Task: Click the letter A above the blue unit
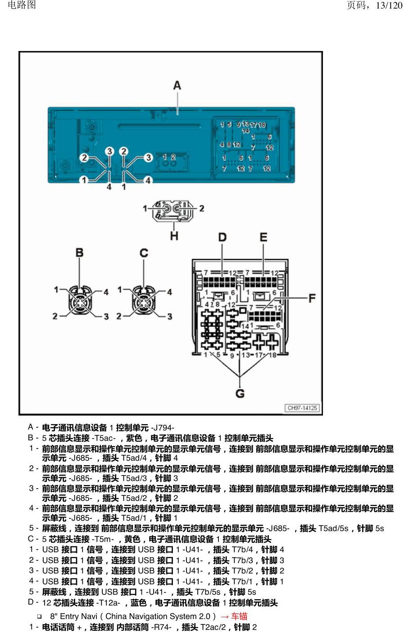tap(177, 85)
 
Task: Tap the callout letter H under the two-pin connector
tap(174, 236)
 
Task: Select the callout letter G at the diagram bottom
tap(240, 393)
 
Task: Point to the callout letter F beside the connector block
tap(312, 298)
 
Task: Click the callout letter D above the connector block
tap(222, 237)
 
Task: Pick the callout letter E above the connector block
tap(264, 237)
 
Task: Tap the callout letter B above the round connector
tap(79, 253)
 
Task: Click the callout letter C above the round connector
tap(144, 253)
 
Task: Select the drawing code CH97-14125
tap(302, 408)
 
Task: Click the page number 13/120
tap(389, 5)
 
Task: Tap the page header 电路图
tap(22, 5)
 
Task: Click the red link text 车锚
tap(239, 616)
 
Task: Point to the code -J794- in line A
tap(163, 428)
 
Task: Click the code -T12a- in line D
tap(108, 603)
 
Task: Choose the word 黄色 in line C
tap(132, 539)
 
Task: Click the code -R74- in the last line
tap(161, 627)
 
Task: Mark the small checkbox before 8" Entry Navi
tap(39, 617)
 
